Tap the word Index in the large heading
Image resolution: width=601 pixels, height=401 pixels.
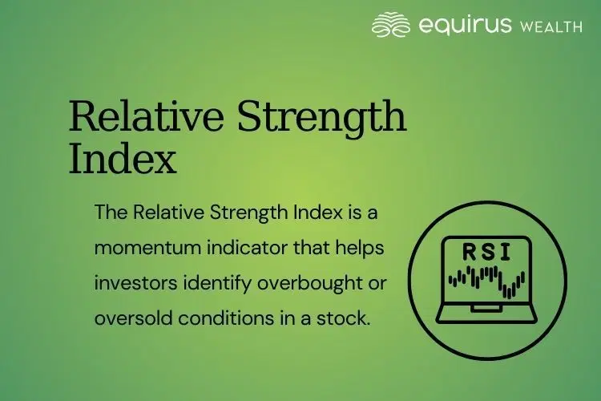tap(122, 160)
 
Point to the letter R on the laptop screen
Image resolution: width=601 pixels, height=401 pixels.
tap(470, 253)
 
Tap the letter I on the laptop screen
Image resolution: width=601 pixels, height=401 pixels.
tap(505, 253)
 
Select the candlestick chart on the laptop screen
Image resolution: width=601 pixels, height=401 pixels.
tap(486, 280)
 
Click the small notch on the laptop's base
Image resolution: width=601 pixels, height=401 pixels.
tap(486, 307)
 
